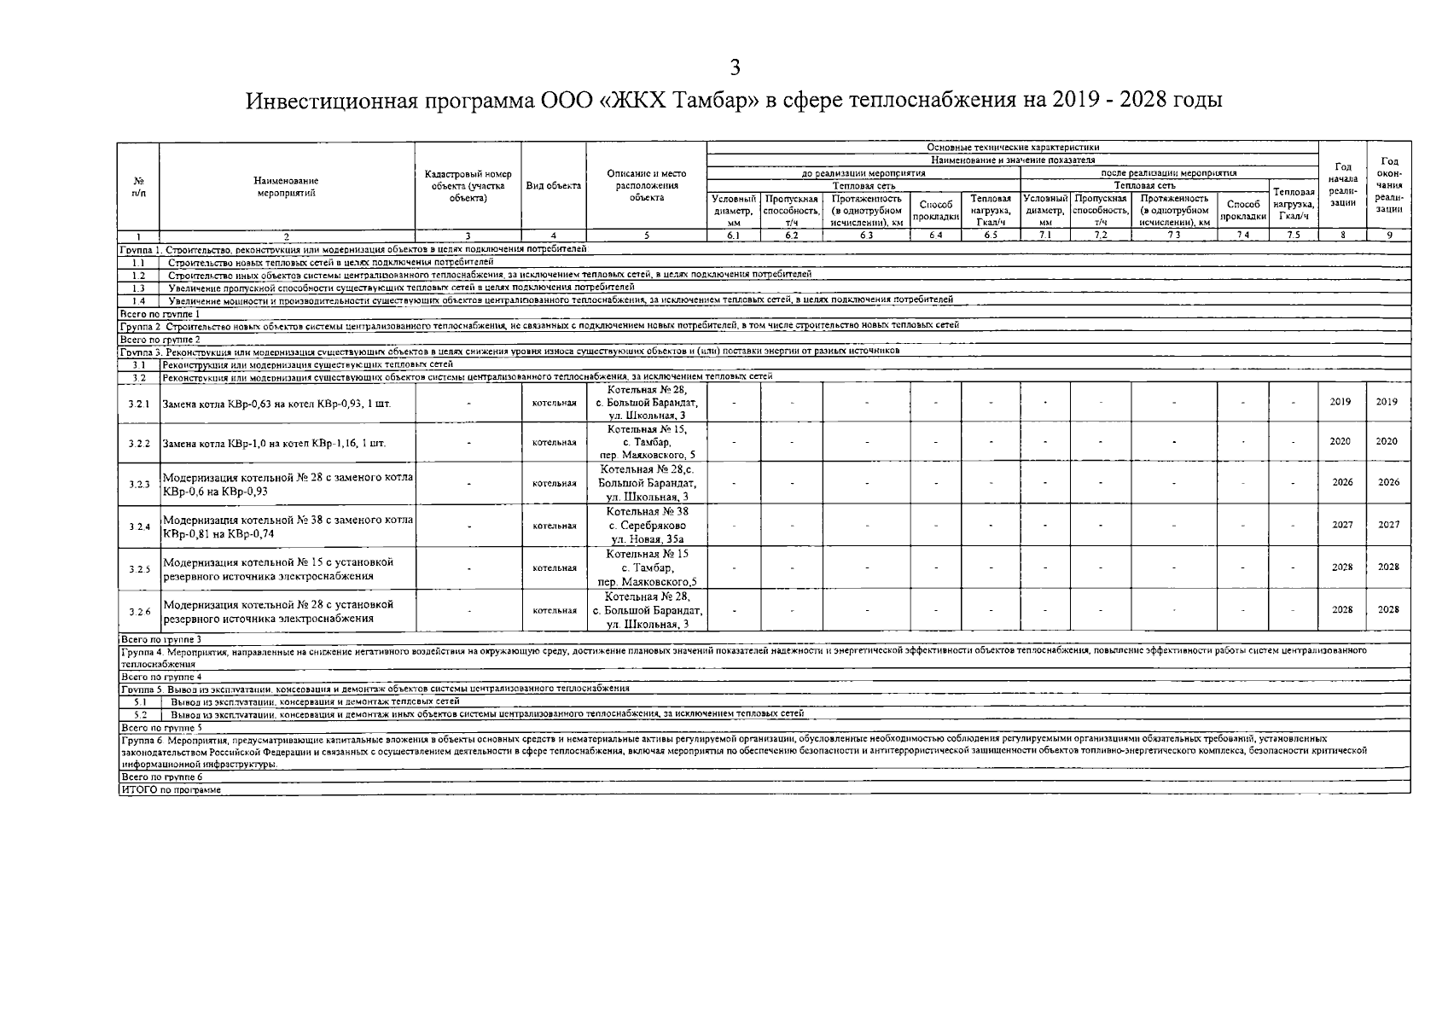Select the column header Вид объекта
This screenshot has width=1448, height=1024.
[x=553, y=186]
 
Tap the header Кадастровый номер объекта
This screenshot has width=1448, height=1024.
[x=468, y=186]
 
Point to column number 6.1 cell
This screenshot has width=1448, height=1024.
[x=733, y=236]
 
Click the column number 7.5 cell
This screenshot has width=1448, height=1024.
[x=1293, y=236]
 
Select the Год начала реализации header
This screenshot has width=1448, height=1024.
[x=1342, y=184]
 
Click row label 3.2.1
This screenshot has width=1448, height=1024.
[x=139, y=404]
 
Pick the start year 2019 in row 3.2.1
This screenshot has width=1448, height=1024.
[x=1341, y=402]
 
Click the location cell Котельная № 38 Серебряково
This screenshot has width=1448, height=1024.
[x=647, y=526]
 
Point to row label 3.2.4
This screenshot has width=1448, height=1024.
[x=139, y=527]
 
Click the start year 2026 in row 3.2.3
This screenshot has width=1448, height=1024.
[x=1342, y=482]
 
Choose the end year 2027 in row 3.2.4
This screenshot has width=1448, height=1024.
[x=1387, y=525]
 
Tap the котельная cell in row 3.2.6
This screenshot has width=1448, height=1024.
[x=554, y=611]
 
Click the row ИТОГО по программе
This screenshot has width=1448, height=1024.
[x=172, y=790]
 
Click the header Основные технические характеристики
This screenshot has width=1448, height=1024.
[x=1013, y=148]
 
